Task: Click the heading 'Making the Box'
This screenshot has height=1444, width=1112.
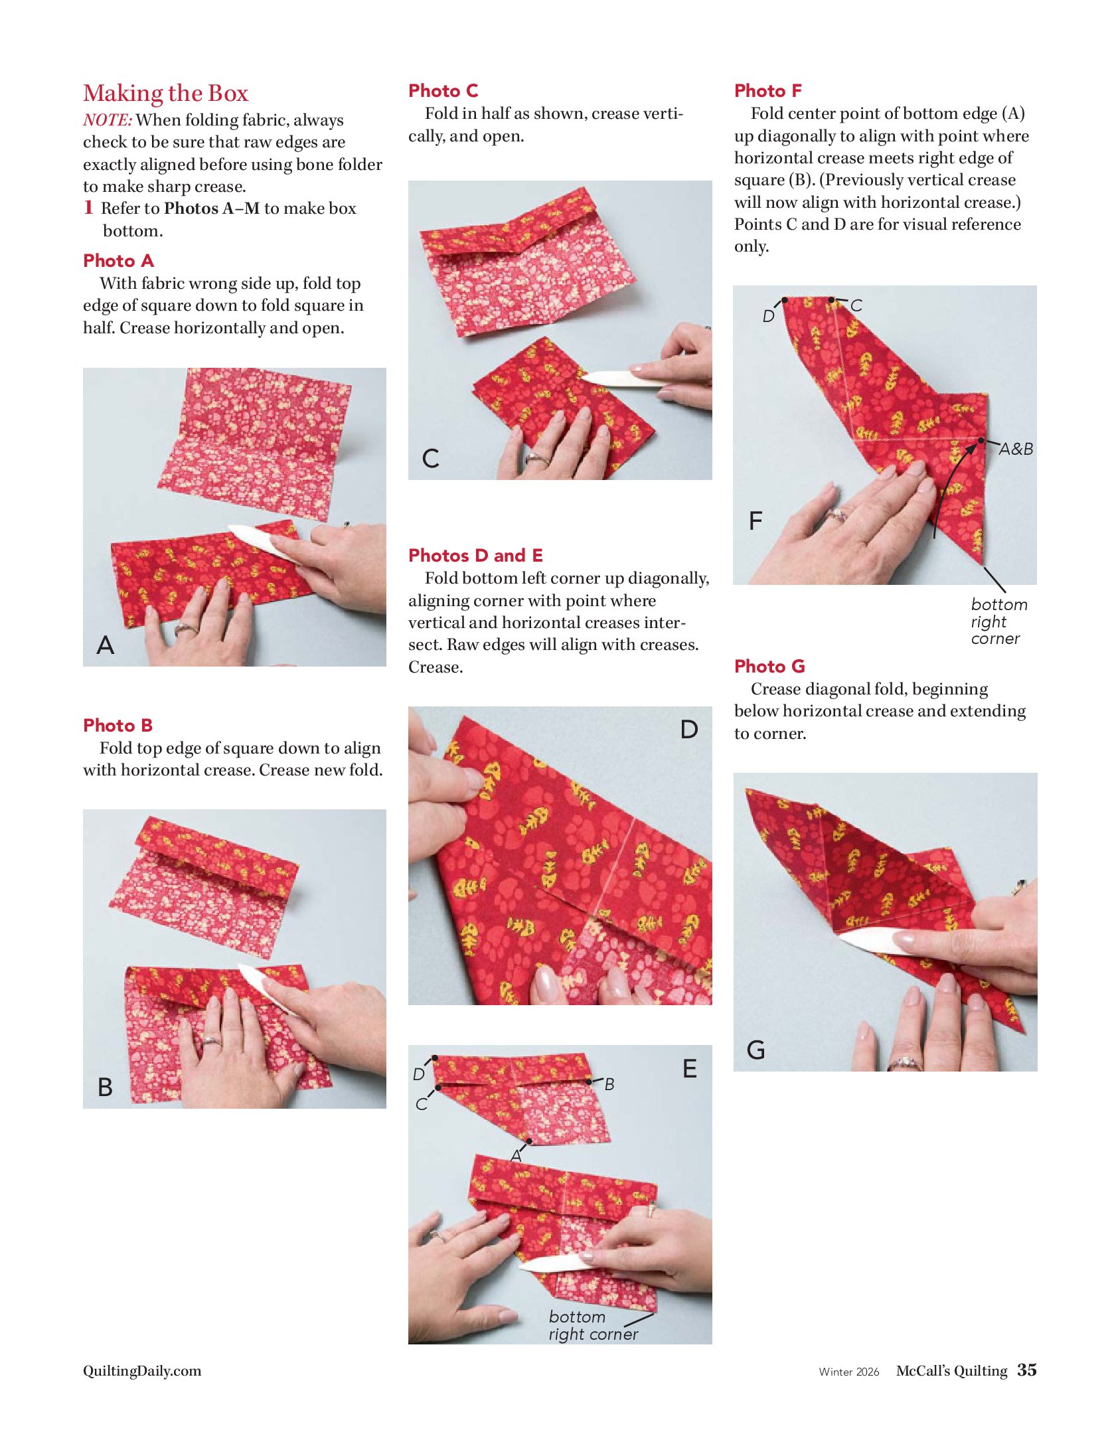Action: coord(165,94)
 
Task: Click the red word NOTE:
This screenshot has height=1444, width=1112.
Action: coord(108,120)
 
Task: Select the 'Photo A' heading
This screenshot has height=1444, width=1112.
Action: coord(118,261)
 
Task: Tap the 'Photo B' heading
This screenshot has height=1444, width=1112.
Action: coord(118,725)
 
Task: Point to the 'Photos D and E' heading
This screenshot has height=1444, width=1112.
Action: coord(475,555)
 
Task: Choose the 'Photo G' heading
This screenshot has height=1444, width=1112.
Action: coord(769,666)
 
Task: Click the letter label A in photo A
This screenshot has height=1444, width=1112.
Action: coord(106,645)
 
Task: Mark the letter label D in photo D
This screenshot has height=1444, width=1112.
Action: coord(689,730)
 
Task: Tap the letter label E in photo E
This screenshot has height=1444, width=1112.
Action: coord(690,1069)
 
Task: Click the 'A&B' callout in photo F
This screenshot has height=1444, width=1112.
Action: coord(1016,449)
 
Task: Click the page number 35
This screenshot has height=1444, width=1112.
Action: coord(1027,1370)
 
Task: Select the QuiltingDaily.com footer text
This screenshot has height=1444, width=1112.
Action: coord(142,1371)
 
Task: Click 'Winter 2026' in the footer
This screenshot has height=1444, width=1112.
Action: coord(849,1372)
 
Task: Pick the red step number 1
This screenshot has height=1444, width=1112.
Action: coord(88,208)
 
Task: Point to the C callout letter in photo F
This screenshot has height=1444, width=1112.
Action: coord(856,305)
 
